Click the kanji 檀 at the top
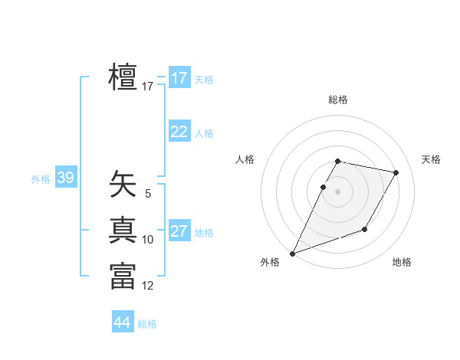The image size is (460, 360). pyautogui.click(x=123, y=77)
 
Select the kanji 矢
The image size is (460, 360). pyautogui.click(x=123, y=185)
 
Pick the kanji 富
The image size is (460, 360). pyautogui.click(x=123, y=276)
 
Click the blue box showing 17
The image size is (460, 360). pyautogui.click(x=179, y=78)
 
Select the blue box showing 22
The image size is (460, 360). pyautogui.click(x=179, y=132)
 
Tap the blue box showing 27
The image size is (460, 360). pyautogui.click(x=179, y=231)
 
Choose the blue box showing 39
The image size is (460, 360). pyautogui.click(x=65, y=178)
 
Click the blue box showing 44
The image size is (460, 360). pyautogui.click(x=122, y=322)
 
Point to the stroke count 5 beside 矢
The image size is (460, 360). pyautogui.click(x=148, y=194)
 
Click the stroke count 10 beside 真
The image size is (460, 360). pyautogui.click(x=148, y=240)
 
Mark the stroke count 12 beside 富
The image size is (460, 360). pyautogui.click(x=148, y=286)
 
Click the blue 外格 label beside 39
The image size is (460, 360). pyautogui.click(x=41, y=179)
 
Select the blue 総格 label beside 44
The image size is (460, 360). pyautogui.click(x=147, y=324)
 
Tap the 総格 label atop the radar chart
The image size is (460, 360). pyautogui.click(x=338, y=100)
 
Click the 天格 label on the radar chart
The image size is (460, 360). pyautogui.click(x=431, y=159)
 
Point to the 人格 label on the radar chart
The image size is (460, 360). pyautogui.click(x=245, y=159)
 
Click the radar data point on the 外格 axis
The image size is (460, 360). pyautogui.click(x=292, y=254)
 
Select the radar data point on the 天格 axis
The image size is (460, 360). pyautogui.click(x=396, y=172)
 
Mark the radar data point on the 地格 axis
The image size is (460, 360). pyautogui.click(x=365, y=229)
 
